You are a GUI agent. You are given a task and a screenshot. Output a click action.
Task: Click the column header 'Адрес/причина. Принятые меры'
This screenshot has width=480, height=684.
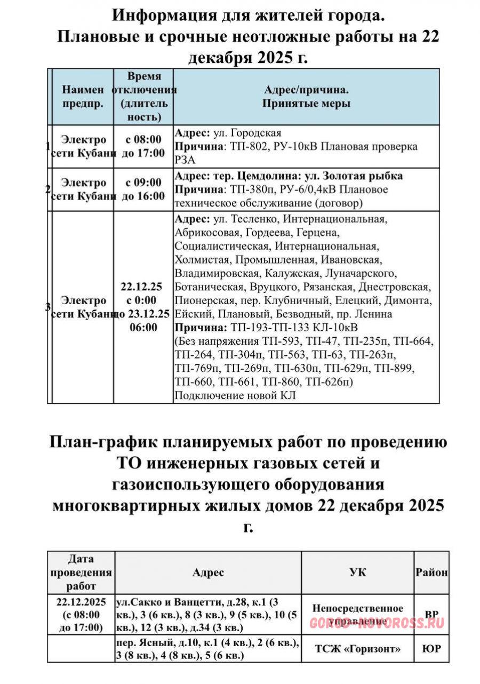(306, 97)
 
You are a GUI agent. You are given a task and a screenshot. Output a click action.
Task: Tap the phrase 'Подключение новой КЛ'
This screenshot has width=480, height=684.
(235, 395)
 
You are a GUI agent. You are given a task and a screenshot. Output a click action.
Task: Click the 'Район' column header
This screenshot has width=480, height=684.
(431, 572)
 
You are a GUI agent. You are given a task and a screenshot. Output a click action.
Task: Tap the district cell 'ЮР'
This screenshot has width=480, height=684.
(431, 649)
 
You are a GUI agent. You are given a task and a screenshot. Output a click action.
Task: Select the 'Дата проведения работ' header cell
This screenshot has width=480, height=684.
(81, 572)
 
